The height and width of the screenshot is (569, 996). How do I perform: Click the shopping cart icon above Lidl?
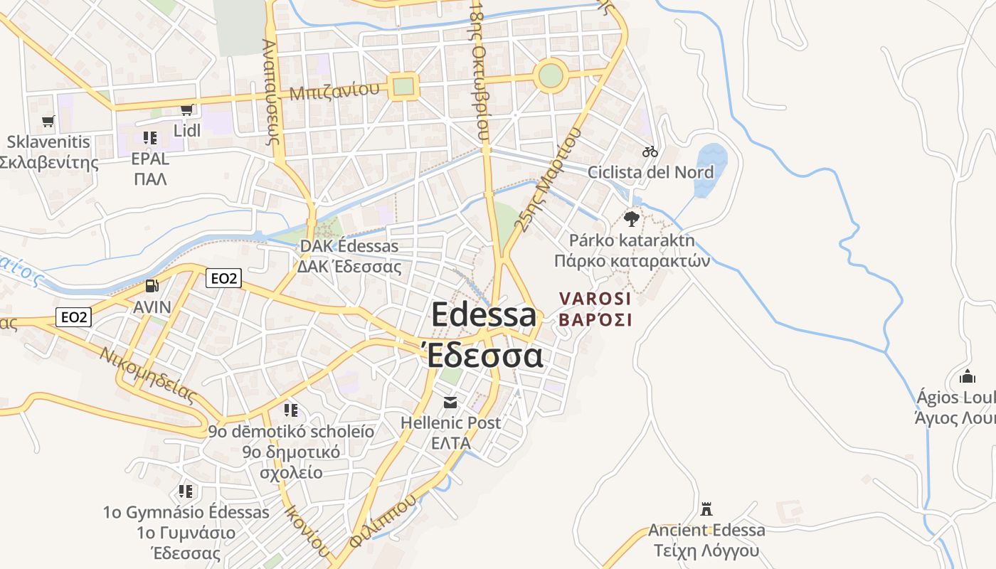coord(186,110)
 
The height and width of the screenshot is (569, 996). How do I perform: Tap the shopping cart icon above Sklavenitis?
coord(48,121)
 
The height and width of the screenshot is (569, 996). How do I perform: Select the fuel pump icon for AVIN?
coord(152,286)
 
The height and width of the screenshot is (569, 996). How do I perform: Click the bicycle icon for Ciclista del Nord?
coord(650,151)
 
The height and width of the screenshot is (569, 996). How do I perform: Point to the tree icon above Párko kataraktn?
coord(631,218)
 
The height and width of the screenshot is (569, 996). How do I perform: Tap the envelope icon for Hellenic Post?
coord(450,403)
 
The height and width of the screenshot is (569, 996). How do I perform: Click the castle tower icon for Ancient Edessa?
coord(706,509)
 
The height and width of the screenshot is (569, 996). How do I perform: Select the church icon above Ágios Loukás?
coord(967,376)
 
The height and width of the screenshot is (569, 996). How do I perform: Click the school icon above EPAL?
coord(149,137)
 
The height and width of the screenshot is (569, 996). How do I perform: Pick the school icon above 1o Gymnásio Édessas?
coord(186,491)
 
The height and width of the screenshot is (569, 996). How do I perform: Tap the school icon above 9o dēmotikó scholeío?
coord(290,410)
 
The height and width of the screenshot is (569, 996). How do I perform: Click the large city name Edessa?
coord(484,315)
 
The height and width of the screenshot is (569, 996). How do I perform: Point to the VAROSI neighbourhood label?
coord(595,299)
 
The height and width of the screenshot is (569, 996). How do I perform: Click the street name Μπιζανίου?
coord(334,91)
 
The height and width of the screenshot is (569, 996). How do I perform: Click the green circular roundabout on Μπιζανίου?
coord(551,75)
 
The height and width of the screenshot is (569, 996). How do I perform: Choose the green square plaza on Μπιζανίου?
coord(403,87)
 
